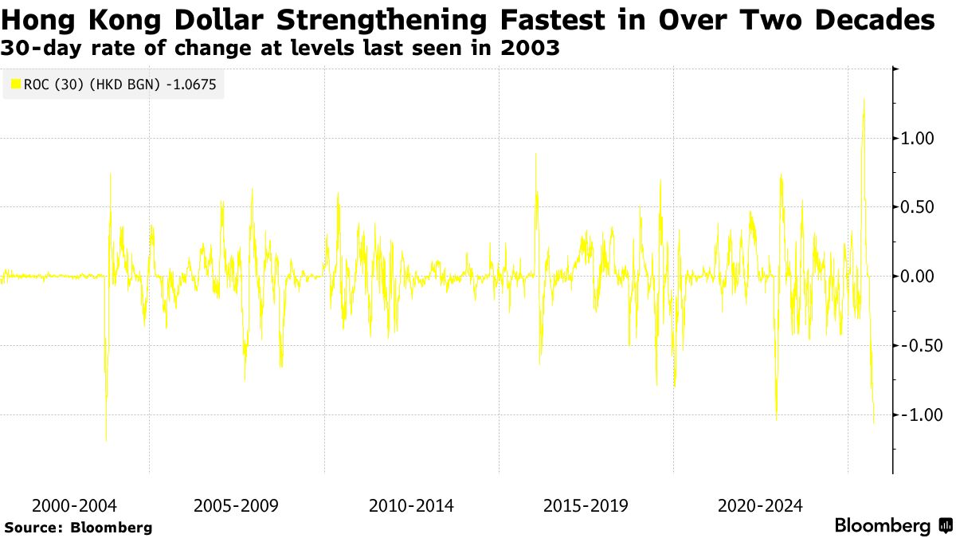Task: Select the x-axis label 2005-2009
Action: pos(237,505)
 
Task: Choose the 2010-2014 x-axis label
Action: pos(411,505)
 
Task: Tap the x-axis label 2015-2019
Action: pos(586,505)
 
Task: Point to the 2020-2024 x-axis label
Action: pos(760,505)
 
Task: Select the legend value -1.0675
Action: pos(191,82)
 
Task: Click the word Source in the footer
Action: pos(33,527)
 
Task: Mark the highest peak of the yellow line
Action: pos(864,99)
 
